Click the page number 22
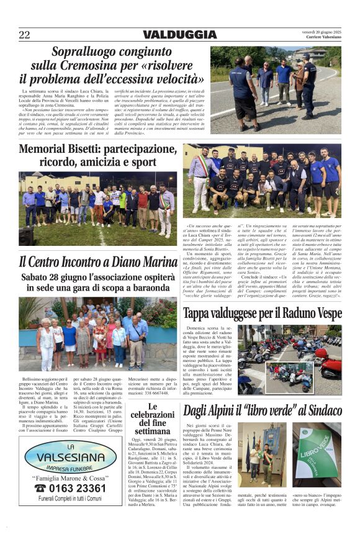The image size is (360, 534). point(24,35)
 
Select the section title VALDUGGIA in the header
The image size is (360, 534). point(179,35)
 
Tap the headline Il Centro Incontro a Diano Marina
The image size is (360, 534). point(98,262)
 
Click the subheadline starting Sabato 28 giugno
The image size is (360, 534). point(98,283)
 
